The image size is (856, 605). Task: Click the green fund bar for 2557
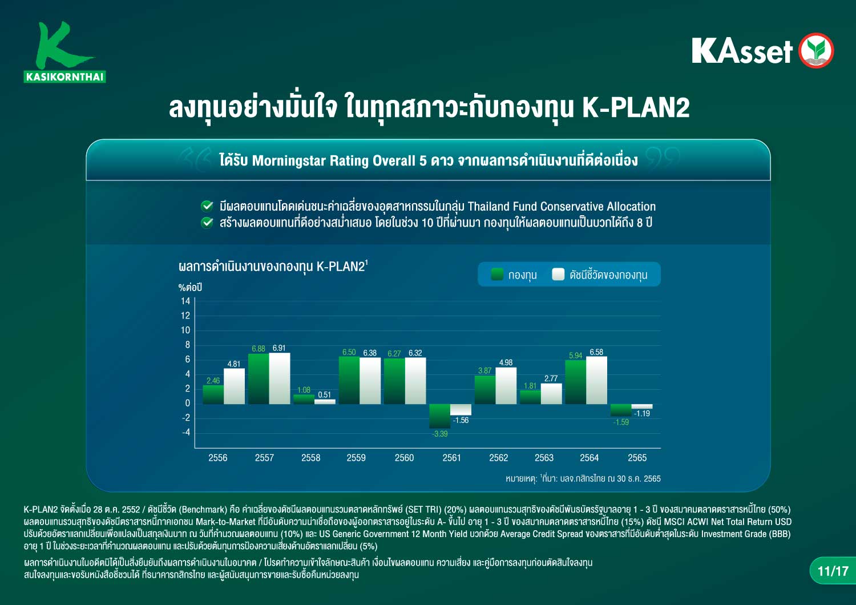[259, 379]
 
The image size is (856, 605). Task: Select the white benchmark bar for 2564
[596, 380]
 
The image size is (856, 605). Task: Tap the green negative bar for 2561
[439, 416]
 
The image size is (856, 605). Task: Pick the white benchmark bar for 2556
[234, 386]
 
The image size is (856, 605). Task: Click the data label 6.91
[279, 348]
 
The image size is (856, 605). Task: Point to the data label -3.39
[440, 434]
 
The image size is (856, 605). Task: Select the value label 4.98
[506, 362]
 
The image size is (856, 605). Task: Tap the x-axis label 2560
[404, 458]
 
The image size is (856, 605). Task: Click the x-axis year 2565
[637, 458]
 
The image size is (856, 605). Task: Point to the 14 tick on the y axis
[185, 301]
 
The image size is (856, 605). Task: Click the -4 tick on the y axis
[185, 432]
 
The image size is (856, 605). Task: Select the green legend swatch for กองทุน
[497, 275]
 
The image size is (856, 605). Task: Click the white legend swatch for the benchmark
[558, 275]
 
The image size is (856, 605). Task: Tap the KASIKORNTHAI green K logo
[64, 52]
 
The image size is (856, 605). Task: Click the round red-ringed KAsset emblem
[816, 50]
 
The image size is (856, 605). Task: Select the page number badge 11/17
[833, 571]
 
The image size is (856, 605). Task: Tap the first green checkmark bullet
[207, 206]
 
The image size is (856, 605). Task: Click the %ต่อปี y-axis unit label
[190, 288]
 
